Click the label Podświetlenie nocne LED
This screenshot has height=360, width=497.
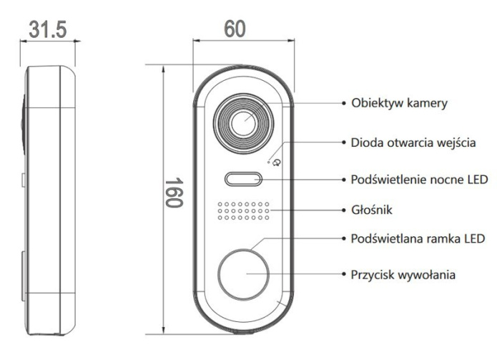click(418, 177)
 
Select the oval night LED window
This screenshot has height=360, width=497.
click(242, 178)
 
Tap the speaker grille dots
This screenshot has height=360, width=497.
click(243, 211)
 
